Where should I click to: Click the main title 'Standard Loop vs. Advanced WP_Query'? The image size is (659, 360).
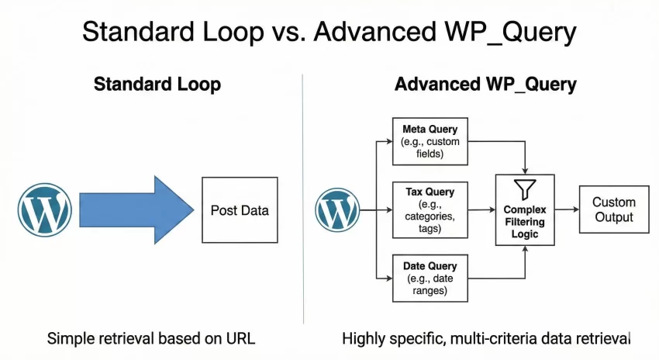click(x=329, y=33)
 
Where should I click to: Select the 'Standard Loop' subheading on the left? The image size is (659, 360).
click(x=157, y=85)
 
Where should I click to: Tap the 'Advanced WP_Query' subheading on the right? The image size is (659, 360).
click(x=485, y=85)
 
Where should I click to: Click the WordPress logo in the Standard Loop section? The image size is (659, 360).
click(x=45, y=209)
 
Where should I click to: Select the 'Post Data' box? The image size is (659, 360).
click(x=240, y=209)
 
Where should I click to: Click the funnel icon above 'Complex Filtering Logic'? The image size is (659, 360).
click(x=525, y=188)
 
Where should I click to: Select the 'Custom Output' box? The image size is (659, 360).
click(x=613, y=209)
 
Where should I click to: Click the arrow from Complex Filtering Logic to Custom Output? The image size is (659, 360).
click(x=566, y=209)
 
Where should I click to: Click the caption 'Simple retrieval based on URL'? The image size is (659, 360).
click(x=151, y=338)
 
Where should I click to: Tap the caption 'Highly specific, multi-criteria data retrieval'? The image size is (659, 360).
click(x=486, y=338)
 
